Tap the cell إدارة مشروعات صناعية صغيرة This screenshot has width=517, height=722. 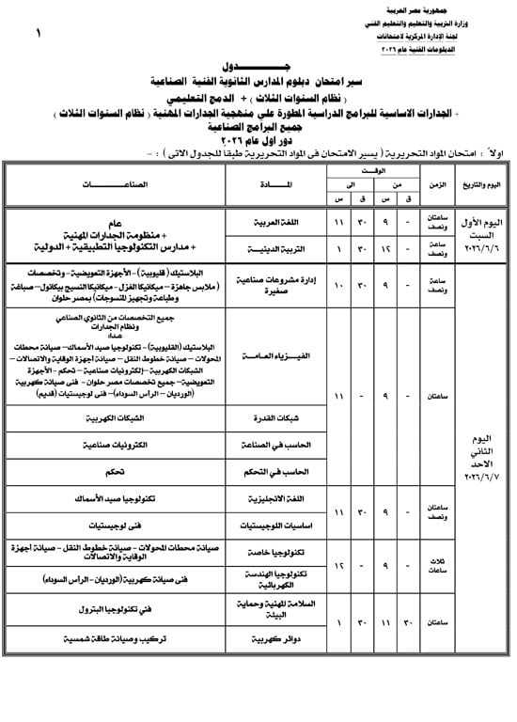[271, 288]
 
